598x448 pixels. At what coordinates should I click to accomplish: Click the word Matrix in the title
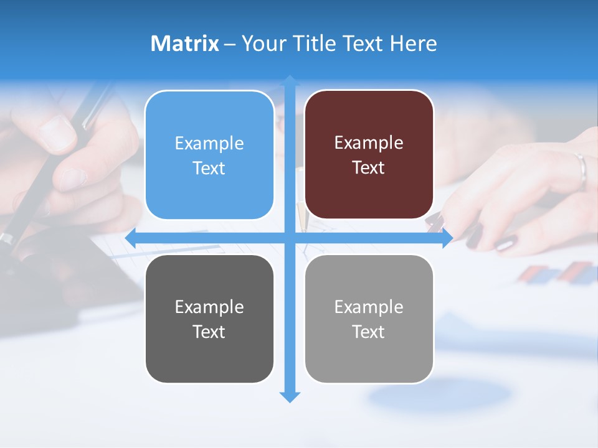(184, 44)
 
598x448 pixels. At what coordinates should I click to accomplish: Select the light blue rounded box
(209, 155)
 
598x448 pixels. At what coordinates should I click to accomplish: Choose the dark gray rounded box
(209, 319)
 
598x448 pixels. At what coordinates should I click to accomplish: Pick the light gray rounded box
(369, 319)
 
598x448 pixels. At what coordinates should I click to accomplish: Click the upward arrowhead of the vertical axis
(290, 80)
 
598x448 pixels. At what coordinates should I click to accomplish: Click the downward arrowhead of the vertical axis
(290, 397)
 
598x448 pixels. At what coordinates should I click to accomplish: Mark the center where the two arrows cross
(290, 238)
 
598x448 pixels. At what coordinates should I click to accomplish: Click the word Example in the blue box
(209, 144)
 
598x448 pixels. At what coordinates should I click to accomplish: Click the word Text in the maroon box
(369, 168)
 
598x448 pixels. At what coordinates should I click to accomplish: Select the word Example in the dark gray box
(209, 307)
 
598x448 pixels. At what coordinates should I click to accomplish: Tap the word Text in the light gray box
(369, 332)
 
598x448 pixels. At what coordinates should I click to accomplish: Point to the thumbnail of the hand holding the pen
(57, 133)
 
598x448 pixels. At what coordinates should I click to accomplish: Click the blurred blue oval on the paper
(439, 393)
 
